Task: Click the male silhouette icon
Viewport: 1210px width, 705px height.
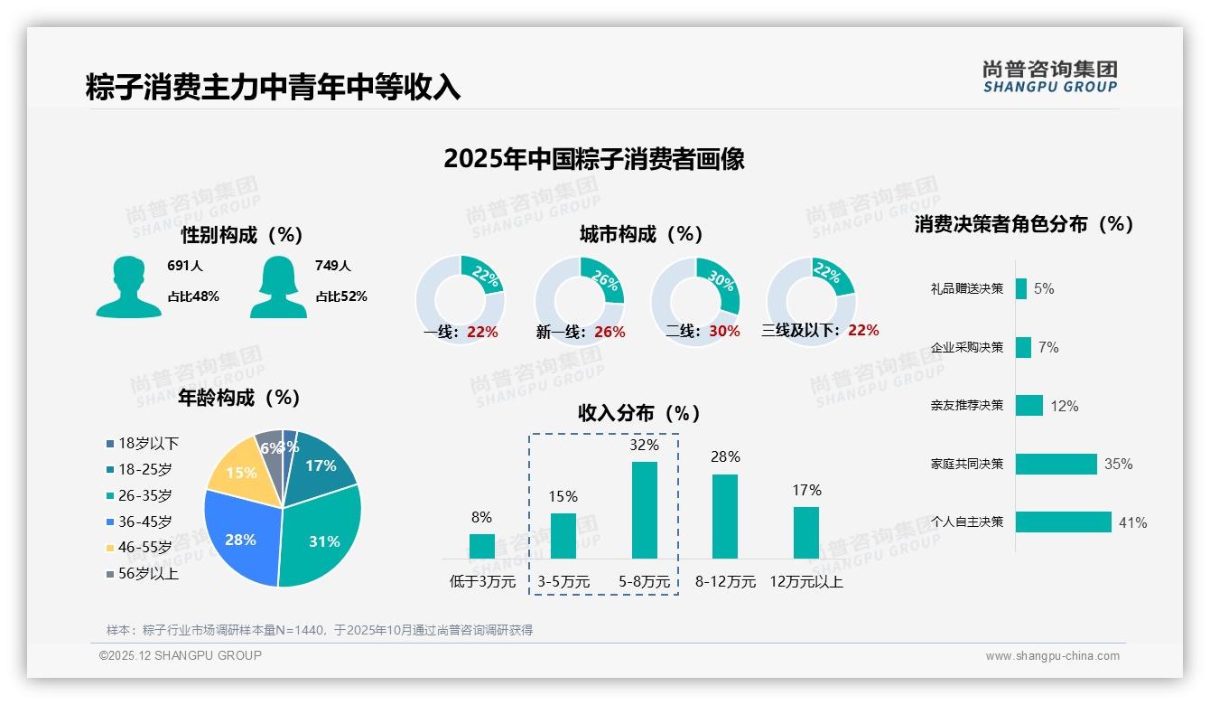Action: coord(128,287)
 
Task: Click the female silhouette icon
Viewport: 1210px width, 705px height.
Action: coord(277,287)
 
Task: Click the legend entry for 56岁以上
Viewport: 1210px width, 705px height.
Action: coord(143,573)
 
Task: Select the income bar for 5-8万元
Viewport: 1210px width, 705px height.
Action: coord(644,510)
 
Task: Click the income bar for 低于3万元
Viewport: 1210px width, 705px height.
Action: coord(481,546)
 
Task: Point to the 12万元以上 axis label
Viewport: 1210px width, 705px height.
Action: coord(805,582)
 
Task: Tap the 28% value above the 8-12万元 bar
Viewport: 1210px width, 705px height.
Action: coord(724,457)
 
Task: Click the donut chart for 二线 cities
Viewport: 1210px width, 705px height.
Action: coord(695,302)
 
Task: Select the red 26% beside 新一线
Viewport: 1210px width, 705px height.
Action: coord(610,333)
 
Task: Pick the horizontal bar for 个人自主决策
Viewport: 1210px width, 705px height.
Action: coord(1063,522)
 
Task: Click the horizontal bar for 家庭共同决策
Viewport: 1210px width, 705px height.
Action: coord(1056,464)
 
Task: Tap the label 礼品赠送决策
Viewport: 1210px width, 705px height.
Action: coord(966,289)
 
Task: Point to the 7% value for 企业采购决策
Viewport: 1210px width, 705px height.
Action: coord(1047,347)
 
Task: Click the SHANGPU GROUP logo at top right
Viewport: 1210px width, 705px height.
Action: coord(1049,76)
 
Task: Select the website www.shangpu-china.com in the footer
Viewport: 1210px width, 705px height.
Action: coord(1052,656)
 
